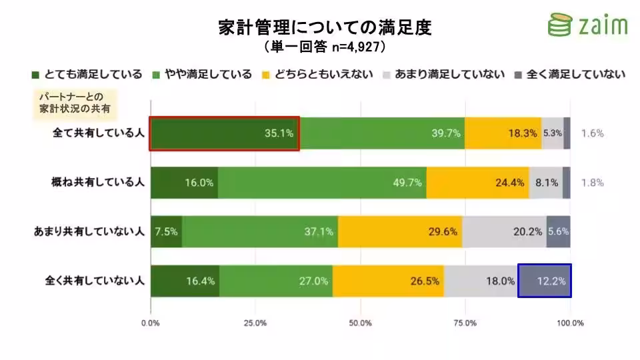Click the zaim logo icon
tap(558, 25)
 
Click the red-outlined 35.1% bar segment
tap(224, 133)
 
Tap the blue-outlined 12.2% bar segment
tap(544, 281)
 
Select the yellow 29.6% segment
tap(400, 232)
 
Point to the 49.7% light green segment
tap(322, 183)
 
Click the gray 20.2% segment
tap(504, 232)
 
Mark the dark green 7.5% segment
tap(166, 232)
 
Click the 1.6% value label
tap(592, 133)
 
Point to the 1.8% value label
tap(592, 183)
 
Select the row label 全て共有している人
tap(99, 133)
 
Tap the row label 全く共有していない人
tap(93, 281)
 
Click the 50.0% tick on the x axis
tap(360, 323)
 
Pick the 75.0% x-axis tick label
tap(465, 323)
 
